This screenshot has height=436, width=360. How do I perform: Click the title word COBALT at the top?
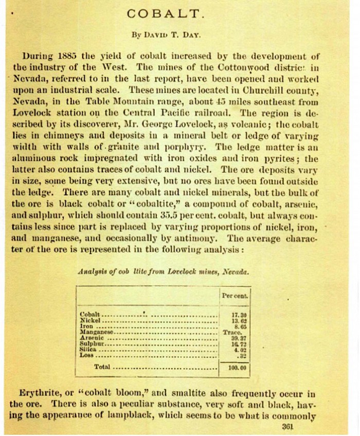(179, 14)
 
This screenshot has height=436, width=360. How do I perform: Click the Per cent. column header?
(235, 296)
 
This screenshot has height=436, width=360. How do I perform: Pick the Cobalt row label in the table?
(90, 313)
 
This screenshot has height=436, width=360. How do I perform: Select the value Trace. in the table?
(235, 332)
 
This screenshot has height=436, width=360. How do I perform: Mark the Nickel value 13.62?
(236, 320)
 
